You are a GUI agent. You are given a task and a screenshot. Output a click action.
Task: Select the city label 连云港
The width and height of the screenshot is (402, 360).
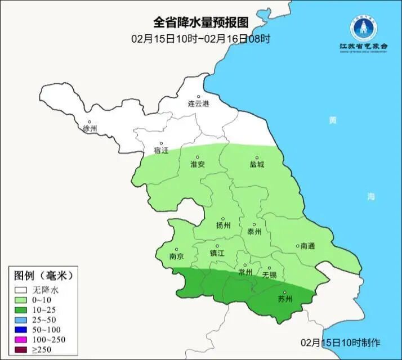198,104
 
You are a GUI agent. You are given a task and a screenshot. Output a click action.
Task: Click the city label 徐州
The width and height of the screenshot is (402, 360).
90,128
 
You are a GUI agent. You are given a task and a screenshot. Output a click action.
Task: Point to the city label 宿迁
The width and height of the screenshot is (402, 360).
160,150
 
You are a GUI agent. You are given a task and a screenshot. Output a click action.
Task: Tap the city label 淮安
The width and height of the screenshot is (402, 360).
197,164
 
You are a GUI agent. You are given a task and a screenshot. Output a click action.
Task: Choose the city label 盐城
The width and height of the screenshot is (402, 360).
257,165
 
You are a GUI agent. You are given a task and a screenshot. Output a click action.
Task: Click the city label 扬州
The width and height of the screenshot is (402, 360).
224,226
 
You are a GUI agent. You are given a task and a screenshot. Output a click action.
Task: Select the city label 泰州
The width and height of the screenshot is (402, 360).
254,231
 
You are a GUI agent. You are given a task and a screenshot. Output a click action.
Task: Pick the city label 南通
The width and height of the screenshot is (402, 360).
307,246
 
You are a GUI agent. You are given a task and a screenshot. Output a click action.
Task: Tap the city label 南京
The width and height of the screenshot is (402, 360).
176,256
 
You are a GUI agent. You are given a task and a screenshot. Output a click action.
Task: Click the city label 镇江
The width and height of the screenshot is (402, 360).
217,253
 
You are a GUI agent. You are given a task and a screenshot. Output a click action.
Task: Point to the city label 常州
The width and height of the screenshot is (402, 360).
245,272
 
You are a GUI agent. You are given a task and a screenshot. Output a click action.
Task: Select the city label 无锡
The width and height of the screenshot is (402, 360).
269,274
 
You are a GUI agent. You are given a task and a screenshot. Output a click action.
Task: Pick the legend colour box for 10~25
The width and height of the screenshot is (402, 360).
21,310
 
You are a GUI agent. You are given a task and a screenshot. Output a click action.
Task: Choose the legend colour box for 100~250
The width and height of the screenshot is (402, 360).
21,340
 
